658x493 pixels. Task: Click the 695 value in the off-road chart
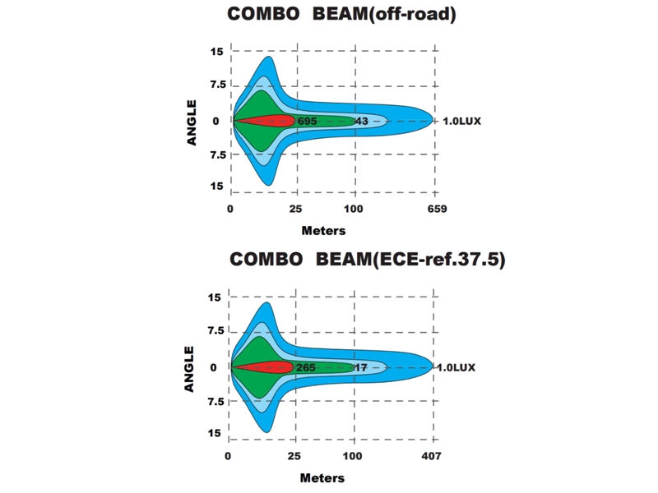pyautogui.click(x=308, y=121)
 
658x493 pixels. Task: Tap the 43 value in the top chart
pyautogui.click(x=361, y=121)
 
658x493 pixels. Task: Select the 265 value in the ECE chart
pyautogui.click(x=305, y=367)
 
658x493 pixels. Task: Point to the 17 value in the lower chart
pyautogui.click(x=360, y=367)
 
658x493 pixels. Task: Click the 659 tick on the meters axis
pyautogui.click(x=437, y=210)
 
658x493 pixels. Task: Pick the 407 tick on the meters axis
pyautogui.click(x=433, y=456)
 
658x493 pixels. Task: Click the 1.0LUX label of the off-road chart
pyautogui.click(x=461, y=121)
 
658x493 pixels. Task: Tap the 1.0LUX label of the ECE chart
pyautogui.click(x=458, y=367)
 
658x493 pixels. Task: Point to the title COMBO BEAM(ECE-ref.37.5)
pyautogui.click(x=367, y=260)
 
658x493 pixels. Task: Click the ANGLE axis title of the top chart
pyautogui.click(x=192, y=122)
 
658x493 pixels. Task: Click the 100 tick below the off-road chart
pyautogui.click(x=354, y=210)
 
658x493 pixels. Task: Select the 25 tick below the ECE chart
pyautogui.click(x=294, y=456)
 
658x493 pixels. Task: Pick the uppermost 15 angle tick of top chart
pyautogui.click(x=216, y=52)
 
